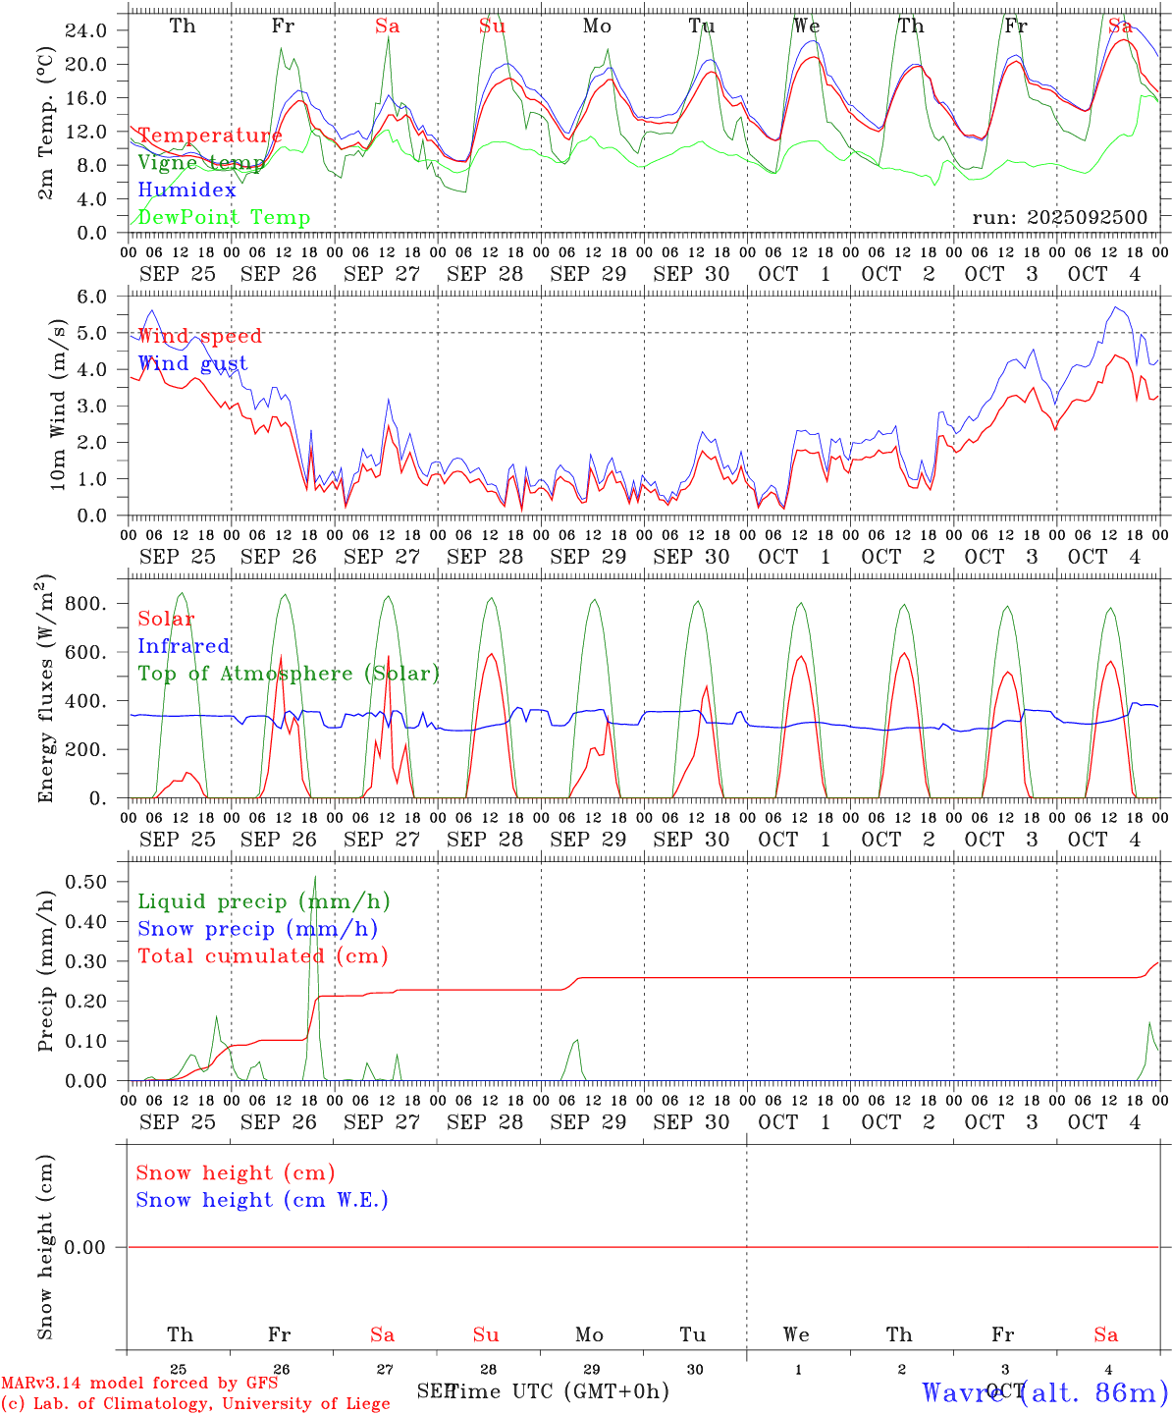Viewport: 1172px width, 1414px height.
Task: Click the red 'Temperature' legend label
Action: [x=209, y=136]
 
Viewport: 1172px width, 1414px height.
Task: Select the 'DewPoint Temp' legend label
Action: [x=224, y=217]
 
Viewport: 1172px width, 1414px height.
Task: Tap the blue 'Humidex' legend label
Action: [x=186, y=190]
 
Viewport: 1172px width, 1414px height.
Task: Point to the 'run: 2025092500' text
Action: [x=1059, y=217]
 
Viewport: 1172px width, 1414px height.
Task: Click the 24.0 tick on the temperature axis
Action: [x=86, y=30]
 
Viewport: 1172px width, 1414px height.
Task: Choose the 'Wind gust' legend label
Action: [x=192, y=363]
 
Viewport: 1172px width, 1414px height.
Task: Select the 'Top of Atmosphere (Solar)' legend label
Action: [x=288, y=674]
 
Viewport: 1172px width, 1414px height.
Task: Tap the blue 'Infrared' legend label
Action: [x=184, y=646]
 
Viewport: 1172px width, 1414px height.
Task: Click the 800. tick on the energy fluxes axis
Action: [x=85, y=604]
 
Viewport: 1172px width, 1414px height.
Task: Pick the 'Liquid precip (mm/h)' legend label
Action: [x=263, y=901]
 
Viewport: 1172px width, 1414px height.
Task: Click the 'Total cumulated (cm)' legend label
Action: [x=262, y=955]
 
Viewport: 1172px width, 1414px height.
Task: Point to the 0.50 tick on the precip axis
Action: [x=85, y=882]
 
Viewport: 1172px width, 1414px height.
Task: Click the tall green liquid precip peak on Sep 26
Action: [x=315, y=879]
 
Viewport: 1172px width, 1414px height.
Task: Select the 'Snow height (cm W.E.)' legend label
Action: [x=261, y=1200]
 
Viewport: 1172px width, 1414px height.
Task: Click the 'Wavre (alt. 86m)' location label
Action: [x=1044, y=1391]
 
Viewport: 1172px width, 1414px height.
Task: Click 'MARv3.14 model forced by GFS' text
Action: [x=138, y=1384]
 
